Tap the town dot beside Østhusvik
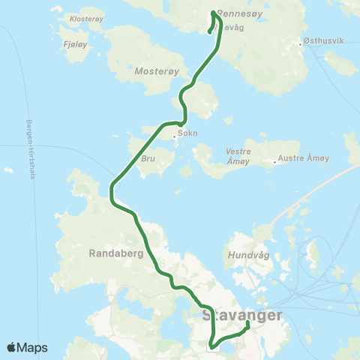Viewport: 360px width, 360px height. click(x=301, y=43)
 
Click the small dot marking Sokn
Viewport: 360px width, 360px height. click(x=174, y=136)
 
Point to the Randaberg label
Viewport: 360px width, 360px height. click(x=110, y=253)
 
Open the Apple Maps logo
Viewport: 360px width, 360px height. click(x=28, y=347)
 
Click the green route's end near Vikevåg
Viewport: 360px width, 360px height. click(x=209, y=31)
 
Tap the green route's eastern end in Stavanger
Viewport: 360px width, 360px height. click(x=247, y=323)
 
